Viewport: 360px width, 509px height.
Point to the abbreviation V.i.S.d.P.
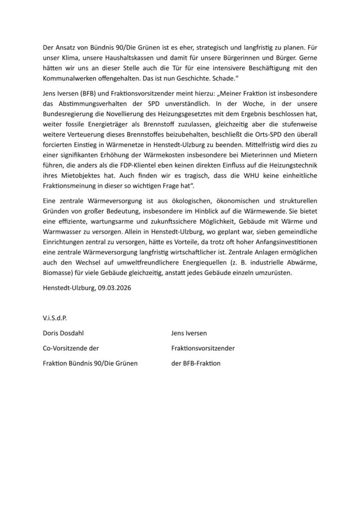54,317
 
